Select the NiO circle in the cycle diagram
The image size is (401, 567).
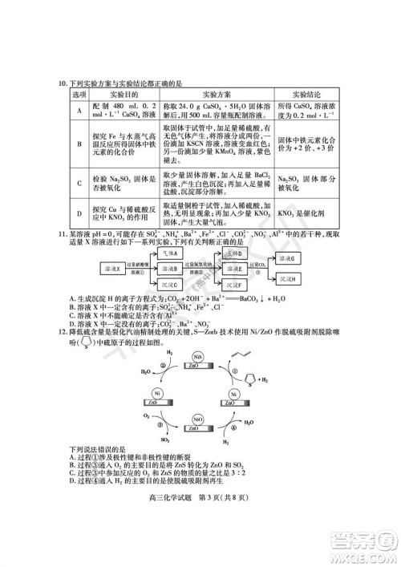[x=196, y=418]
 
